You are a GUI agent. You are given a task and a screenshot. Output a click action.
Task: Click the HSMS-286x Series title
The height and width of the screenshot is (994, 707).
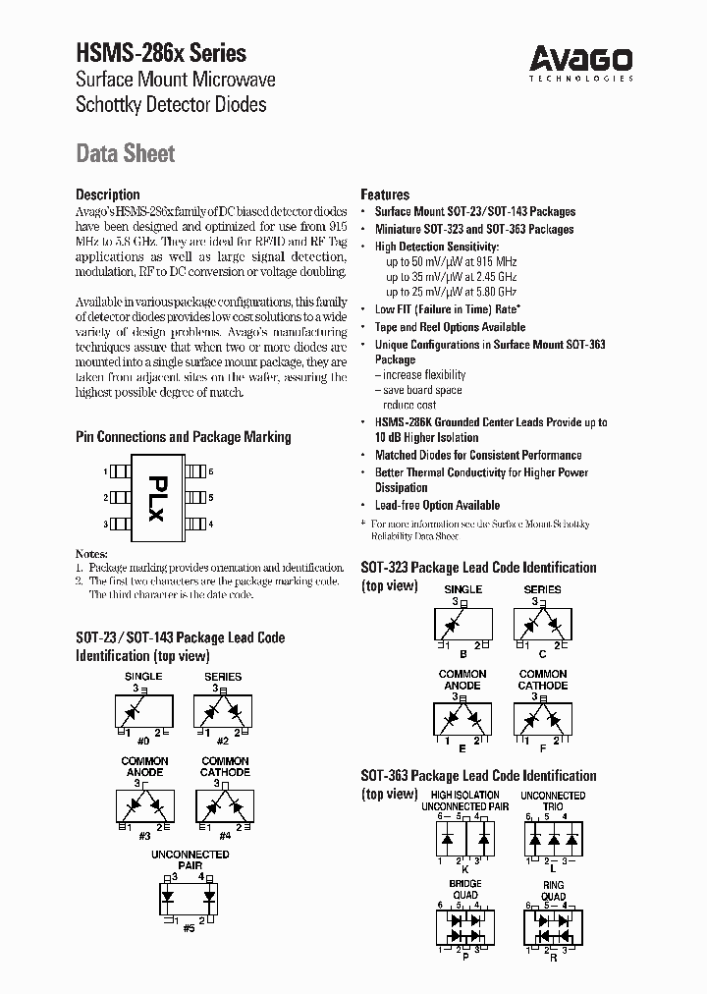click(x=161, y=53)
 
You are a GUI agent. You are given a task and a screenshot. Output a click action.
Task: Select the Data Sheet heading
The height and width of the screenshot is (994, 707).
click(x=126, y=153)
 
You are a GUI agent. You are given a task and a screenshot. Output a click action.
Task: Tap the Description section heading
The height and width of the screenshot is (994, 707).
click(x=108, y=194)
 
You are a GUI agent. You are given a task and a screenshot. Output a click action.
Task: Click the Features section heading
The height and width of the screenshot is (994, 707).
click(x=385, y=194)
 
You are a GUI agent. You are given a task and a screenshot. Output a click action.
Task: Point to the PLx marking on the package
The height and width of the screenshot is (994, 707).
click(x=156, y=498)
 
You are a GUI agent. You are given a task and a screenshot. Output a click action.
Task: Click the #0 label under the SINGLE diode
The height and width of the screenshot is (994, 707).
click(x=143, y=741)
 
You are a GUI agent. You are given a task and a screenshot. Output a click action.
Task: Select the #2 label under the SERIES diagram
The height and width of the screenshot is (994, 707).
click(x=223, y=741)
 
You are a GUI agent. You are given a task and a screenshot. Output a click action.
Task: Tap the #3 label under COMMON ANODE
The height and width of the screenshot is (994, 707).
click(x=144, y=835)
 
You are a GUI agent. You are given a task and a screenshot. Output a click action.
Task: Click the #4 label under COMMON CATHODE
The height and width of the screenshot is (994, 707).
click(x=224, y=835)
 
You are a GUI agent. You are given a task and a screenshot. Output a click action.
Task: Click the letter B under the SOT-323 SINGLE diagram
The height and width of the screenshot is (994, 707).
click(x=462, y=653)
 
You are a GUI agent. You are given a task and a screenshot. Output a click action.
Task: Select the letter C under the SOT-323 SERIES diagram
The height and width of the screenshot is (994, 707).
click(x=542, y=653)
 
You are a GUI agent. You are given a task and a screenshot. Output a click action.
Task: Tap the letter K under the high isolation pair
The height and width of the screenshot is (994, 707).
click(x=465, y=868)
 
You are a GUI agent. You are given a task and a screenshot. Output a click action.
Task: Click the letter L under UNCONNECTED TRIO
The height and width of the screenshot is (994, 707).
click(x=553, y=868)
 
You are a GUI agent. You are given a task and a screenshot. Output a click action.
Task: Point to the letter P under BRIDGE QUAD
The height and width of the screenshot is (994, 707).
click(x=465, y=958)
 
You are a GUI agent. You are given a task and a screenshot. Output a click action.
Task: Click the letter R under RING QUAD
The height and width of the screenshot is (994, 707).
click(x=553, y=958)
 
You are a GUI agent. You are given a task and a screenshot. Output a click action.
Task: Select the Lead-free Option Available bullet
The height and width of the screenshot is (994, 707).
click(x=437, y=505)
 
